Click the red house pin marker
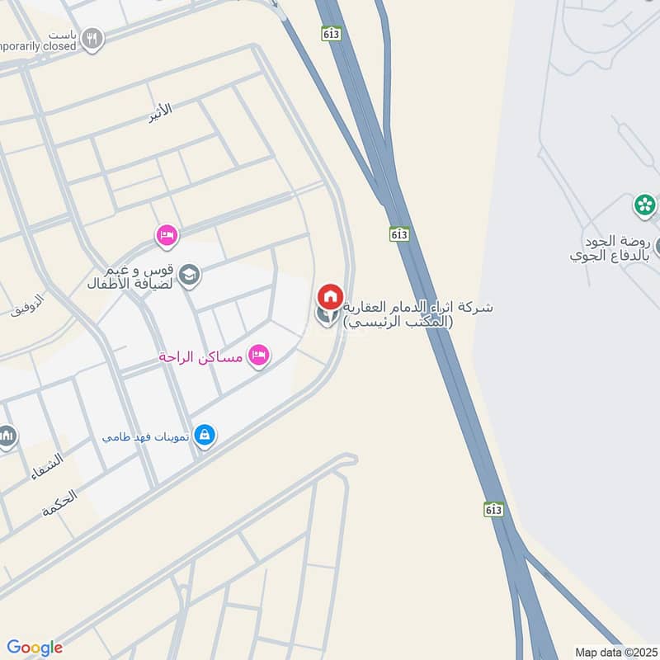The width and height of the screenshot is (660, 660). (x=330, y=296)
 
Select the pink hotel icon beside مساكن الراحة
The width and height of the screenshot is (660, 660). (x=259, y=356)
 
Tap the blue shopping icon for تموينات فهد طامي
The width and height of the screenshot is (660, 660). (x=205, y=434)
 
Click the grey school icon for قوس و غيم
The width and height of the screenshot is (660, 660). (x=190, y=275)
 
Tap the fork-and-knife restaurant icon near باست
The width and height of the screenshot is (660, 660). (x=94, y=38)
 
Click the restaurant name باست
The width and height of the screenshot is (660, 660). (x=63, y=35)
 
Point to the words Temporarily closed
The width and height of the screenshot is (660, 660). (x=37, y=46)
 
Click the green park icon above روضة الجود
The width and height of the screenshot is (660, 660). (x=644, y=204)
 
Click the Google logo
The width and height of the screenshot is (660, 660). (x=35, y=648)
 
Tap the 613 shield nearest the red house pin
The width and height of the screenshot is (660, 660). (x=400, y=233)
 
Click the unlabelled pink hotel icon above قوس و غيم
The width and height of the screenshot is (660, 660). (x=167, y=236)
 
